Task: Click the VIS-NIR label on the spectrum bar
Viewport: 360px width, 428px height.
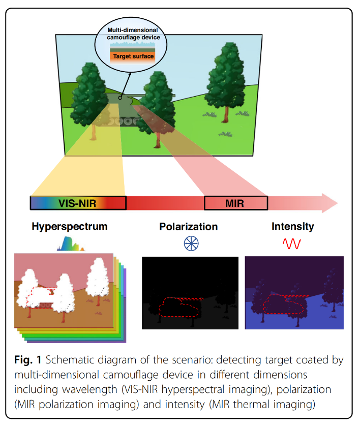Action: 78,203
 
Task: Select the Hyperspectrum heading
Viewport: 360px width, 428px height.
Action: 70,226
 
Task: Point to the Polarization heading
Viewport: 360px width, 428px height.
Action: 188,227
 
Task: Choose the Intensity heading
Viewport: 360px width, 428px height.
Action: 292,226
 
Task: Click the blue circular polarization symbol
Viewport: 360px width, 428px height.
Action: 191,243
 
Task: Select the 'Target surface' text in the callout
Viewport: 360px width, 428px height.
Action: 133,56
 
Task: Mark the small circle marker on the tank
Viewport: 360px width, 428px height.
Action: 119,98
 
